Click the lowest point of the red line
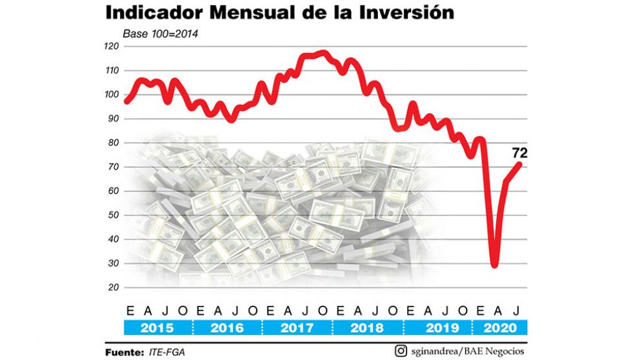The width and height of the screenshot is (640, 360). tap(495, 264)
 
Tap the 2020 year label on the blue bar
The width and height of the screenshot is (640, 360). tap(501, 328)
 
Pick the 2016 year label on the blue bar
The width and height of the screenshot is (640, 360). tap(226, 328)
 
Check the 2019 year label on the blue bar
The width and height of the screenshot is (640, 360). tap(436, 328)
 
